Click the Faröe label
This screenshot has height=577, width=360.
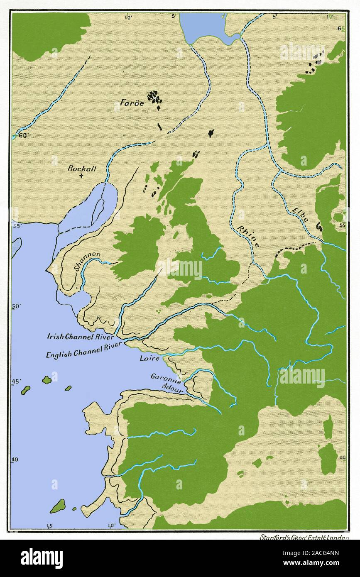click(129, 104)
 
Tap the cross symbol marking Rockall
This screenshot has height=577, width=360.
click(81, 176)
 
